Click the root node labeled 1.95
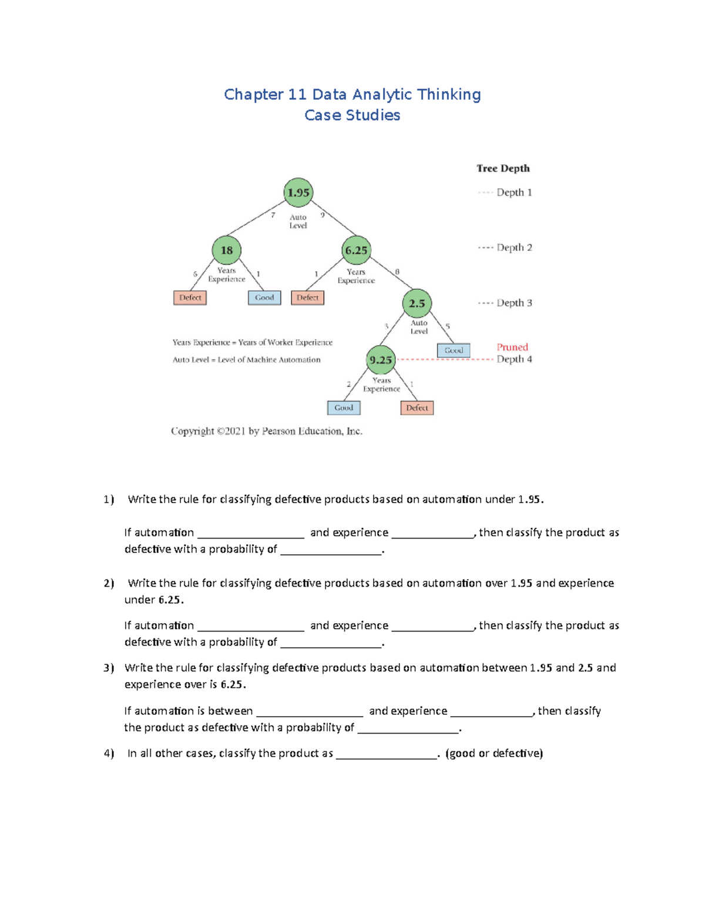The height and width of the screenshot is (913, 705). (x=298, y=192)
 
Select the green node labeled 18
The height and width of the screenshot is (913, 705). (x=227, y=250)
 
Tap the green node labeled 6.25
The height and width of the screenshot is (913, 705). (x=356, y=250)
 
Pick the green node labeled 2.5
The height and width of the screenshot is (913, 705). (x=417, y=303)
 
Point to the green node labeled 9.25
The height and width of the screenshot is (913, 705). (x=381, y=360)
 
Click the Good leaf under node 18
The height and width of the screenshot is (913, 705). (x=264, y=297)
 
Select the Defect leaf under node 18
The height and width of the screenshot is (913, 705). (x=190, y=297)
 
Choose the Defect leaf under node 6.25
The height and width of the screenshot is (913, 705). (x=307, y=297)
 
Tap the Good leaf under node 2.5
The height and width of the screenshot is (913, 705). (x=454, y=350)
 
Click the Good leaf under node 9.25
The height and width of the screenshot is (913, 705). (x=344, y=407)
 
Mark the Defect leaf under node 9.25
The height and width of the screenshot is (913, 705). (x=417, y=407)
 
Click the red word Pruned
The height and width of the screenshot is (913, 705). (x=512, y=347)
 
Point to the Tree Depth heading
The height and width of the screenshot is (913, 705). (x=503, y=168)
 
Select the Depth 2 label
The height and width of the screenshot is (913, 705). (x=514, y=248)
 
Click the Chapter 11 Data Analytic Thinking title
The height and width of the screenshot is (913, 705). (x=352, y=95)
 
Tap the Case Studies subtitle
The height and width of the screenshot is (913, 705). (x=352, y=115)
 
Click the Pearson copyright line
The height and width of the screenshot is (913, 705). (x=267, y=431)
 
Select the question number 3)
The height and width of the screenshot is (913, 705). (x=109, y=668)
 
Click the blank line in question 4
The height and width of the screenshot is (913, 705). (x=387, y=754)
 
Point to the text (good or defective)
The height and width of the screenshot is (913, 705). (x=494, y=753)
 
